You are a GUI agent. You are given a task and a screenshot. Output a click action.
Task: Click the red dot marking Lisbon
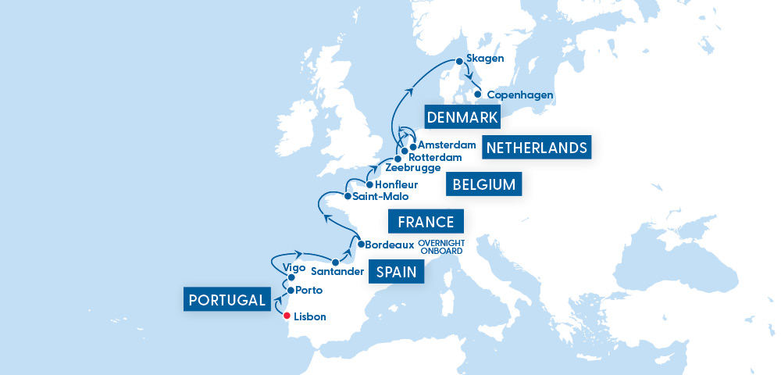pyautogui.click(x=287, y=316)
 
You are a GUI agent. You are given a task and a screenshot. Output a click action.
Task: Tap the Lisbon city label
pyautogui.click(x=311, y=317)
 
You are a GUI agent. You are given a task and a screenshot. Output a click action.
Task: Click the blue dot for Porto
pyautogui.click(x=291, y=291)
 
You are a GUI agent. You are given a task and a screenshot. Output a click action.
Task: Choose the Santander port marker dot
pyautogui.click(x=335, y=262)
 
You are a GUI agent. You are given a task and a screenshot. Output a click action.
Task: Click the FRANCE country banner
pyautogui.click(x=426, y=223)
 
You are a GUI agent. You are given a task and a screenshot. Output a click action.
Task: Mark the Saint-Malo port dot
pyautogui.click(x=348, y=197)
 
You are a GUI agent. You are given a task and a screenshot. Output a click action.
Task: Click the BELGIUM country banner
pyautogui.click(x=483, y=185)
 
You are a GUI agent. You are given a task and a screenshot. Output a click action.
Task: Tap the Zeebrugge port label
pyautogui.click(x=413, y=168)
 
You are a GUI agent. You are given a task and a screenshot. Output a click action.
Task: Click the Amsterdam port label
pyautogui.click(x=447, y=145)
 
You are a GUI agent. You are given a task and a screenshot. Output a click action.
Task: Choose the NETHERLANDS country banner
pyautogui.click(x=537, y=148)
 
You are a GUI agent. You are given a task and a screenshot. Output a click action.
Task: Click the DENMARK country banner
pyautogui.click(x=462, y=118)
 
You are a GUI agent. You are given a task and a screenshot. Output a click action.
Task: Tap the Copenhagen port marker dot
pyautogui.click(x=477, y=95)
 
